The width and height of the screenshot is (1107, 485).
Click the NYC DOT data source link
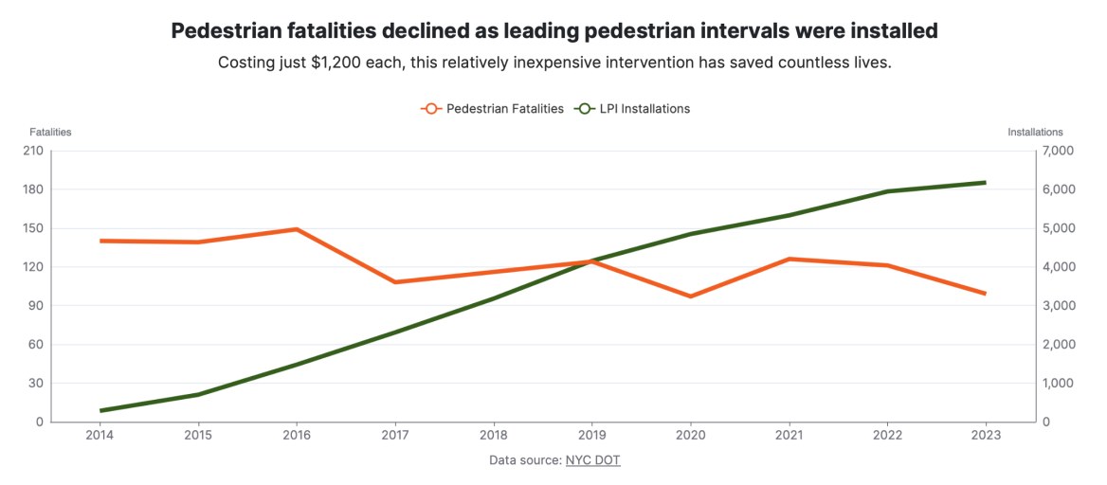(x=592, y=460)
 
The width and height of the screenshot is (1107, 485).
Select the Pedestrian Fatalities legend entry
(x=493, y=109)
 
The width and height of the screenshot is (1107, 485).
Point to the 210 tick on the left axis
(x=33, y=152)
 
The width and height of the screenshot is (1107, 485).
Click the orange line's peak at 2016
(x=297, y=229)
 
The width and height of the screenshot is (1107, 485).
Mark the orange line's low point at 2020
(x=690, y=296)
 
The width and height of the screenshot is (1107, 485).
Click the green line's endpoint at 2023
(x=986, y=183)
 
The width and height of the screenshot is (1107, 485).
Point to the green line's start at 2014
(x=100, y=411)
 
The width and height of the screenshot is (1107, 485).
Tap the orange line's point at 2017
(x=395, y=282)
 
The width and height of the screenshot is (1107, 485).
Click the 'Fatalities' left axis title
(x=50, y=132)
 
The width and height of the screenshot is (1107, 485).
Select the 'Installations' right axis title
(x=1035, y=132)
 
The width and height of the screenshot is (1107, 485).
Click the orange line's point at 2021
(x=789, y=259)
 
